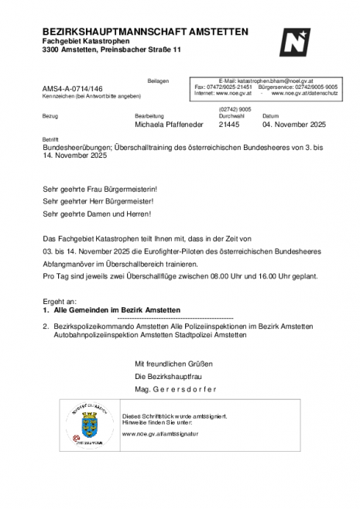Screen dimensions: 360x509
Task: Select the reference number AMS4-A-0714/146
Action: point(73,89)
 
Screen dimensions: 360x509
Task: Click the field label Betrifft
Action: point(50,138)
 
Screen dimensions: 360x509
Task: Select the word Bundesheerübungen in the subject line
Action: point(77,146)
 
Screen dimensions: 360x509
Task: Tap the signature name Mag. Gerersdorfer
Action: point(176,388)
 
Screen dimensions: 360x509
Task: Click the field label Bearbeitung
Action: point(149,115)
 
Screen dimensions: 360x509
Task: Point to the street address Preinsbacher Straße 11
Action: point(140,50)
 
